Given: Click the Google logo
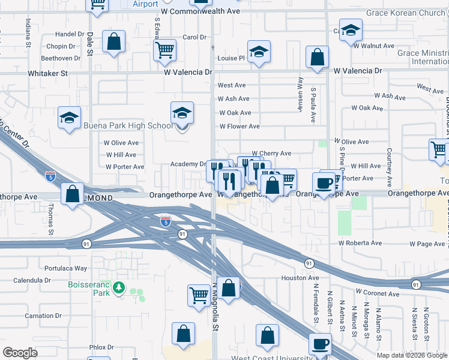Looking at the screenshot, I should click(x=20, y=353).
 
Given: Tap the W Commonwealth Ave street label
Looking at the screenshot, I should click(x=200, y=11).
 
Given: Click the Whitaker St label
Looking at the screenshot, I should click(x=48, y=73).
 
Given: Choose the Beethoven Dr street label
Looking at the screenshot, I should click(x=61, y=58).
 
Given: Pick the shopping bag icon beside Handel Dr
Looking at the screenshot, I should click(x=113, y=43).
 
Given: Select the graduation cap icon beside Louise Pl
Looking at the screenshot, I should click(x=259, y=53).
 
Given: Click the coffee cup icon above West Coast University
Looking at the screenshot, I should click(x=320, y=344).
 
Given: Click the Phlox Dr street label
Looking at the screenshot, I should click(x=101, y=347).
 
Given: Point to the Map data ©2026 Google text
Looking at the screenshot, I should click(x=412, y=355).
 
